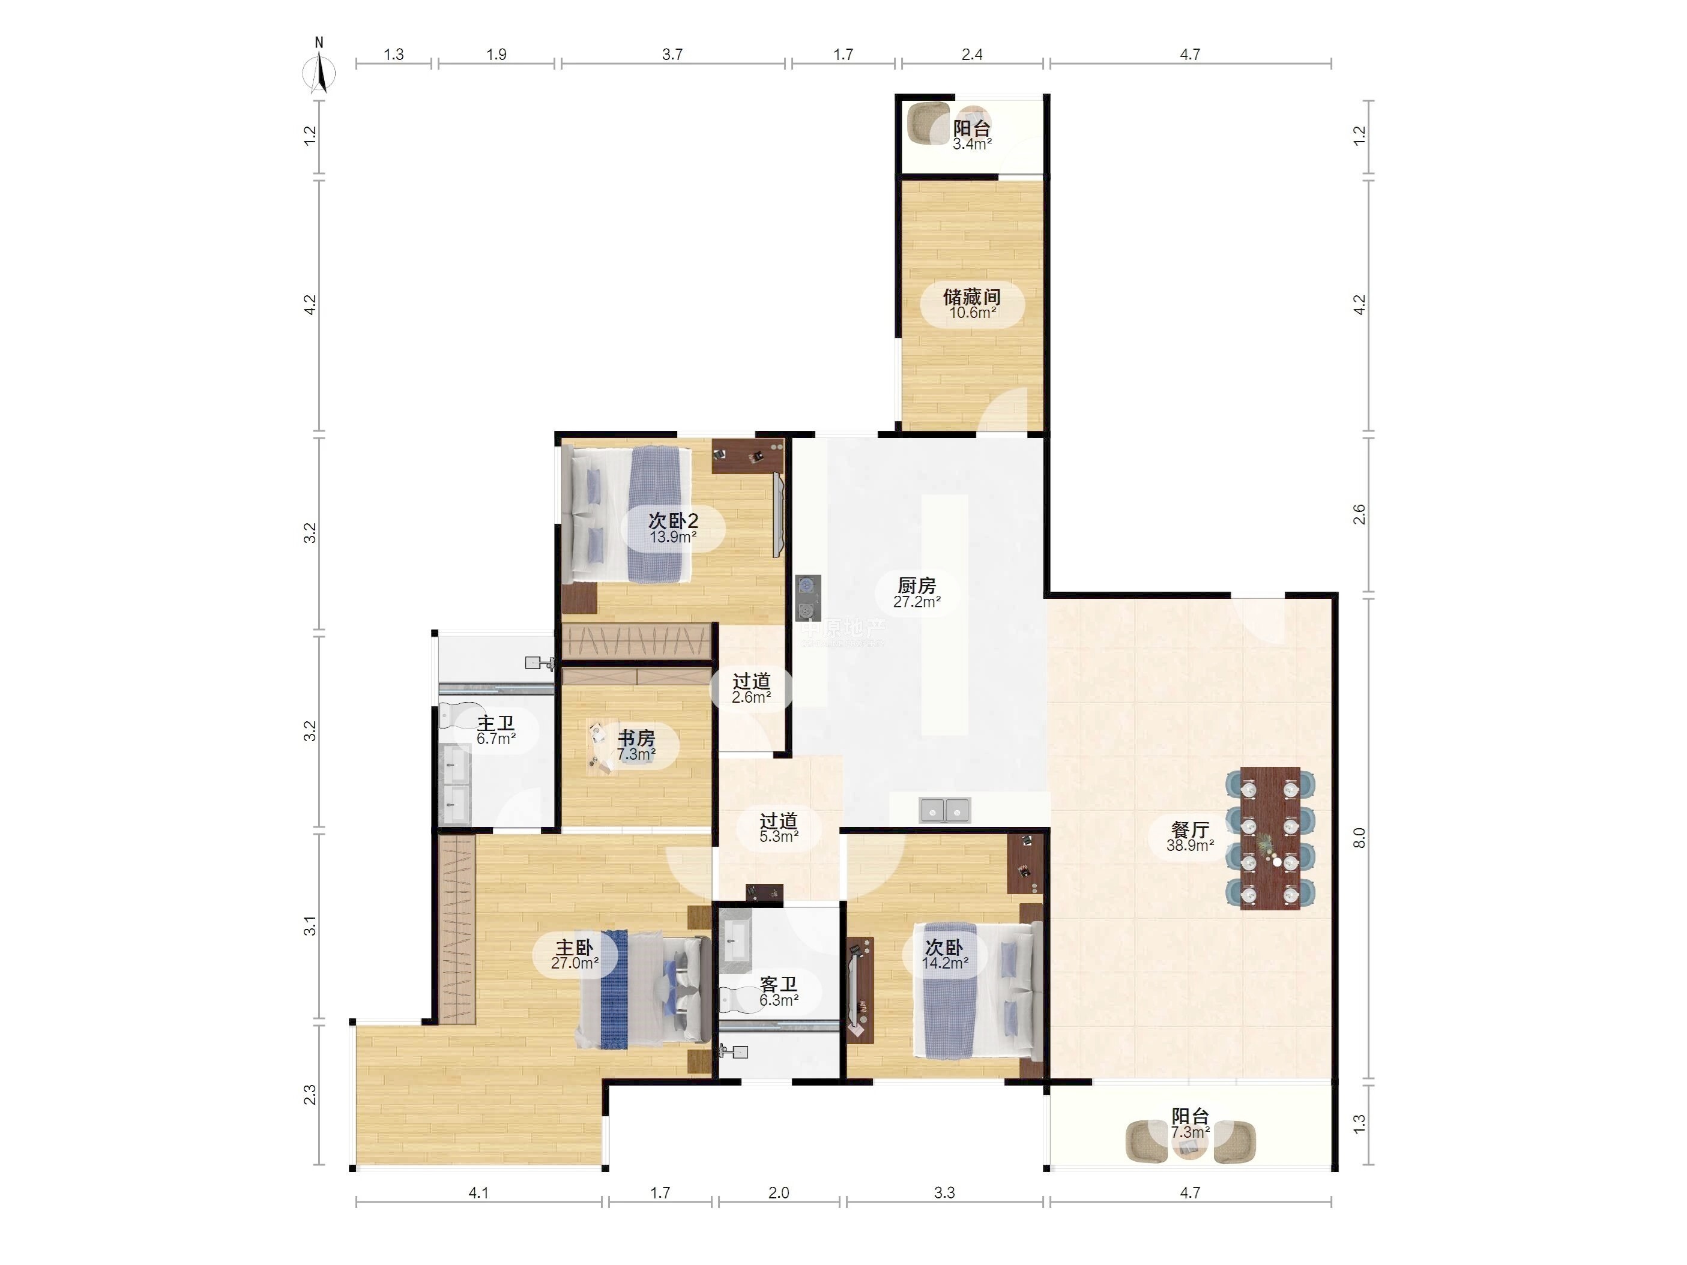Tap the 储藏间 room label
(971, 296)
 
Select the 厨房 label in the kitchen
(917, 585)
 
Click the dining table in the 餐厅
(1270, 838)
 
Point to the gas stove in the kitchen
(807, 598)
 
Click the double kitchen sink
(945, 810)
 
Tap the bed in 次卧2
(626, 515)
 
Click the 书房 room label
(636, 738)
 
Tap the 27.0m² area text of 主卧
(575, 963)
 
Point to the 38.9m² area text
(1190, 845)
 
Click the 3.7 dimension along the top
(672, 54)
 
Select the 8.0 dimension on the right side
(1359, 838)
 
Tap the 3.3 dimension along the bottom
(944, 1192)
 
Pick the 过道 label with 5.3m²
(779, 820)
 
